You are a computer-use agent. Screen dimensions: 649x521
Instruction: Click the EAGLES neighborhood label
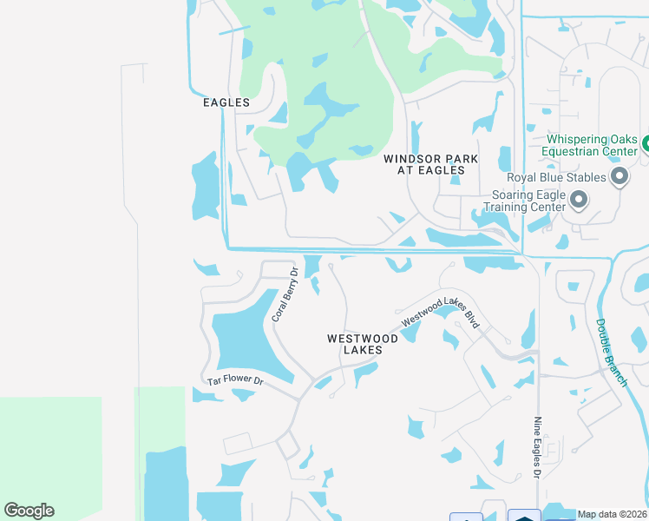coord(226,102)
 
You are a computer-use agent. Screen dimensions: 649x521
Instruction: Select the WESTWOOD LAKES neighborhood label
coord(363,344)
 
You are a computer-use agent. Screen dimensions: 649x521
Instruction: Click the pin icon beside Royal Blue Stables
coord(619,178)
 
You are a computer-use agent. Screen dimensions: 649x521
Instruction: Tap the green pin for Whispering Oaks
coord(646,142)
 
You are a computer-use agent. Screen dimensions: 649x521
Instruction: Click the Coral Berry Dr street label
coord(285,295)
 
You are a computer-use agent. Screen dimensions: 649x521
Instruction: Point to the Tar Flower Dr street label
coord(235,381)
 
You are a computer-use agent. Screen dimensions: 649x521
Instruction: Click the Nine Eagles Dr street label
coord(537,446)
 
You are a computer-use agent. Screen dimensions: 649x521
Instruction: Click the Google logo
coord(29,511)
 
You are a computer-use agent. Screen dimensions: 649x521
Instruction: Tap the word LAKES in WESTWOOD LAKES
coord(363,350)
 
